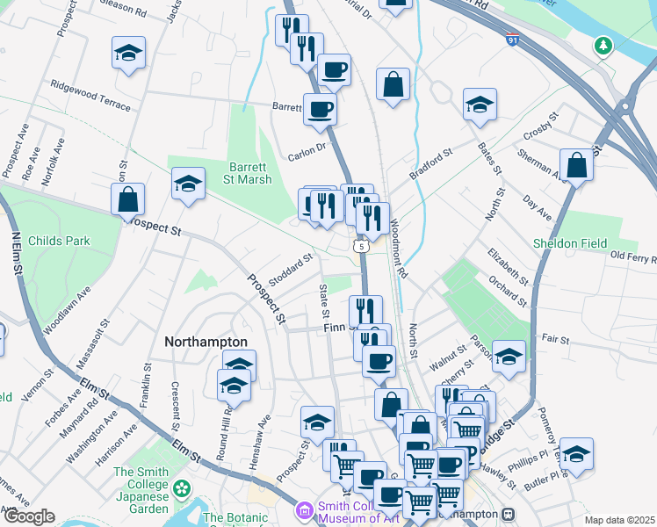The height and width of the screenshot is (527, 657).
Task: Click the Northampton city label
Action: click(206, 341)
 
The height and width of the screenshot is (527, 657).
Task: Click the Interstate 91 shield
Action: click(512, 40)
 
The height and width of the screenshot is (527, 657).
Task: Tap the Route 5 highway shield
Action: click(361, 247)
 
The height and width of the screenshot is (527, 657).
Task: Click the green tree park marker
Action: click(603, 44)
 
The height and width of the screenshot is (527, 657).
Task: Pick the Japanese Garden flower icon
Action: click(183, 488)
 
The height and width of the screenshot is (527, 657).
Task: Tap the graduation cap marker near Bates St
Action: click(480, 105)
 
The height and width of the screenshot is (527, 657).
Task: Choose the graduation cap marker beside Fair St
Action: click(509, 356)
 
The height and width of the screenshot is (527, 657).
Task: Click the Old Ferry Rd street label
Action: click(633, 256)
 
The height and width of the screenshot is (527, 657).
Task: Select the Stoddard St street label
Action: click(291, 270)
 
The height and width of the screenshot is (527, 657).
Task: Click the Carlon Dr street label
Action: click(307, 151)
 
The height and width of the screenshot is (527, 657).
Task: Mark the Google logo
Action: click(30, 517)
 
